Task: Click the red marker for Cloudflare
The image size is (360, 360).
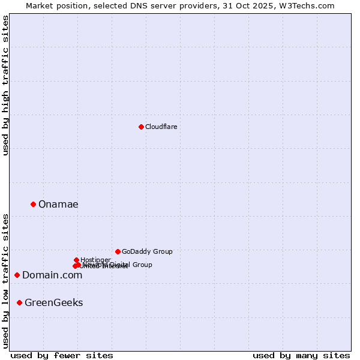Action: tap(141, 127)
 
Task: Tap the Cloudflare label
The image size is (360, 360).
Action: tap(161, 127)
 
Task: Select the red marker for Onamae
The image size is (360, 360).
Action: tap(33, 204)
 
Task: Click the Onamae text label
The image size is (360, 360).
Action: tap(58, 205)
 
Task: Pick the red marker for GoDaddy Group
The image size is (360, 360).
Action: tap(118, 251)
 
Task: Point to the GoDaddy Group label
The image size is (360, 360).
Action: tap(147, 252)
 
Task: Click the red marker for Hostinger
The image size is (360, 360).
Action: tap(76, 260)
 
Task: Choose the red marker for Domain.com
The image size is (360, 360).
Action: tap(17, 275)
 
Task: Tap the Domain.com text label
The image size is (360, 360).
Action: tap(52, 275)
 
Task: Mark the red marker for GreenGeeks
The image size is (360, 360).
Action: tap(20, 302)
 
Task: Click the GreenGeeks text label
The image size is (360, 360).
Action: tap(54, 303)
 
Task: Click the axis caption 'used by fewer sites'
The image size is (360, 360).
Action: tap(62, 355)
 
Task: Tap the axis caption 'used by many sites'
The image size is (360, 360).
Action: tap(301, 355)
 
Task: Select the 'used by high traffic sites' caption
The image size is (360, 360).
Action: tap(5, 85)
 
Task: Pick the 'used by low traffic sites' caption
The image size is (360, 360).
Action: tap(5, 281)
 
